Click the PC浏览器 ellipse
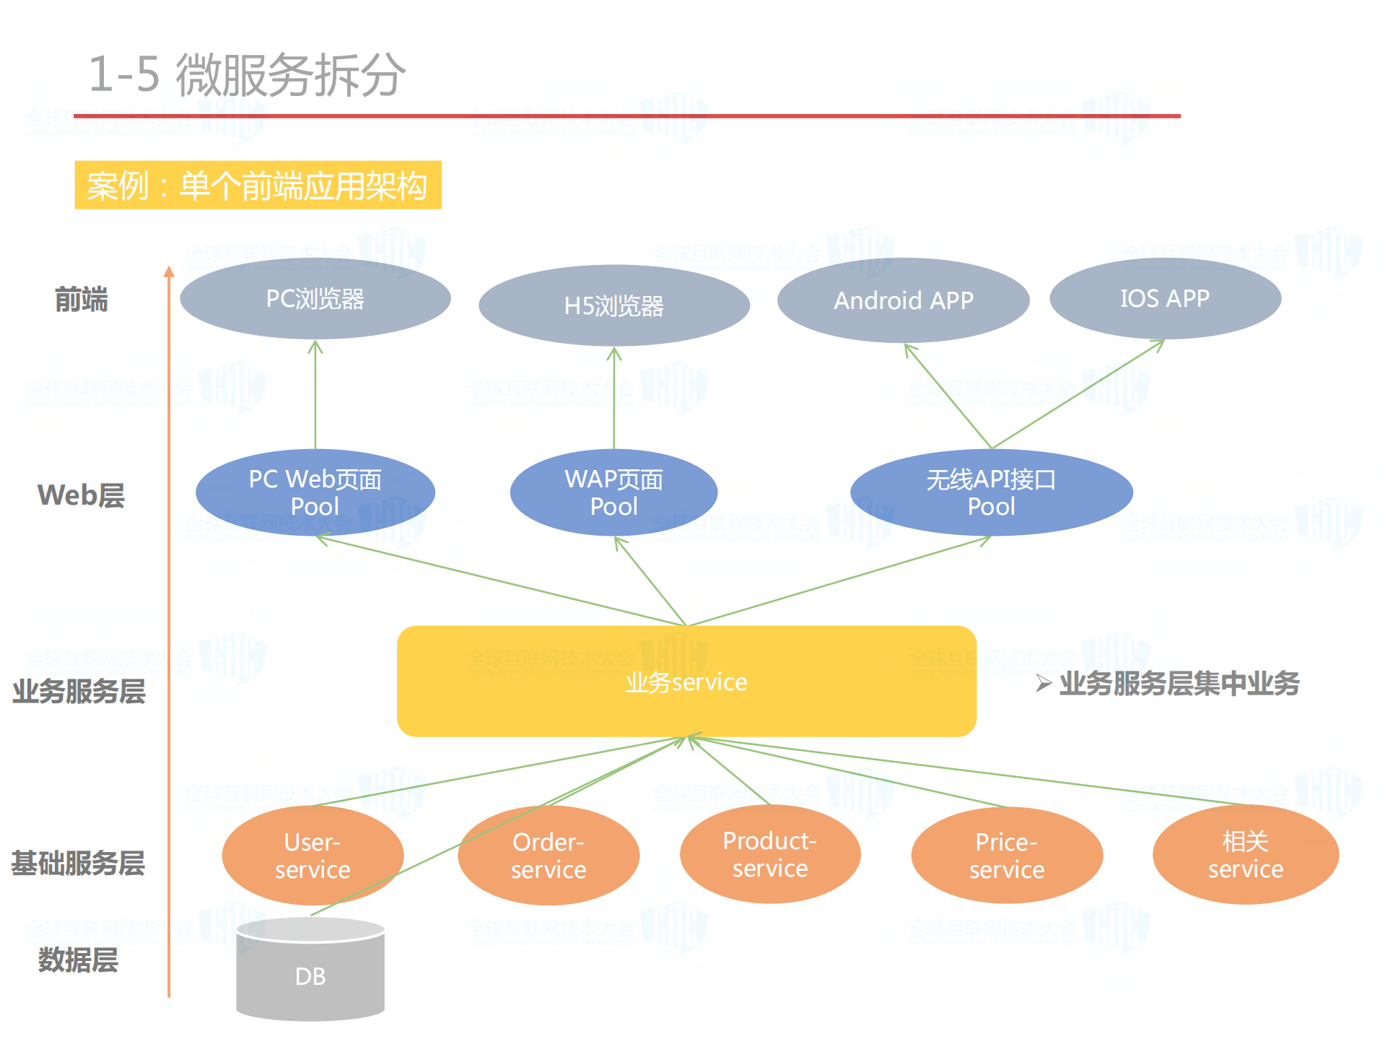click(315, 298)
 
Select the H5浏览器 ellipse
click(613, 305)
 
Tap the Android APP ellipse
click(903, 300)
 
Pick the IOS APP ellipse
click(1164, 298)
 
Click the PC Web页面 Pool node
click(315, 492)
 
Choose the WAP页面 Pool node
click(613, 492)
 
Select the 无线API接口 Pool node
click(991, 492)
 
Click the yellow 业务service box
click(686, 682)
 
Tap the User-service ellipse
click(313, 856)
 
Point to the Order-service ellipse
click(549, 856)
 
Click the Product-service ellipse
click(770, 854)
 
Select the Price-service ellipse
click(1007, 856)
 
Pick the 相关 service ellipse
click(1246, 855)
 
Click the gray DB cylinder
click(310, 975)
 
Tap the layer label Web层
click(81, 495)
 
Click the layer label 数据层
click(78, 960)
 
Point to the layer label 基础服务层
click(78, 864)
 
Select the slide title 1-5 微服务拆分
click(247, 74)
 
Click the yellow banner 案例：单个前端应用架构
click(258, 186)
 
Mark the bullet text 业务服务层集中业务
click(1179, 683)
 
